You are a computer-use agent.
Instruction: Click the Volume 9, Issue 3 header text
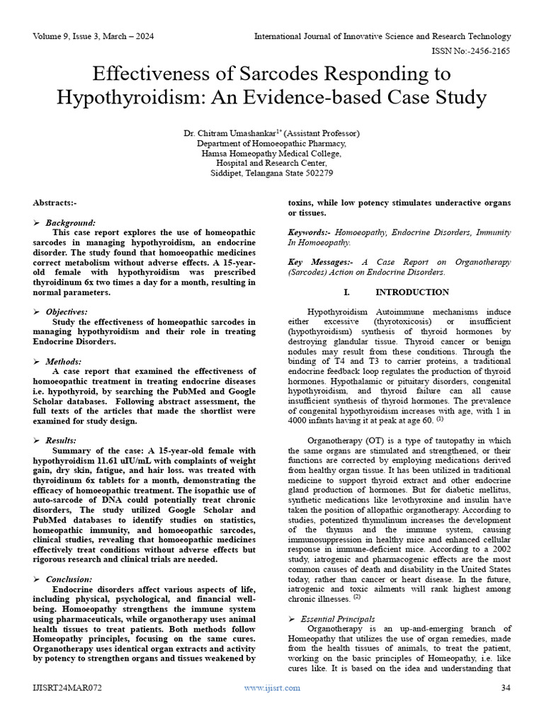pos(93,36)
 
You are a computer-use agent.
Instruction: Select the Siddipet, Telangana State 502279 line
pos(272,173)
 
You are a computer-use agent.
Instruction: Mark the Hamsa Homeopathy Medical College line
pos(272,153)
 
